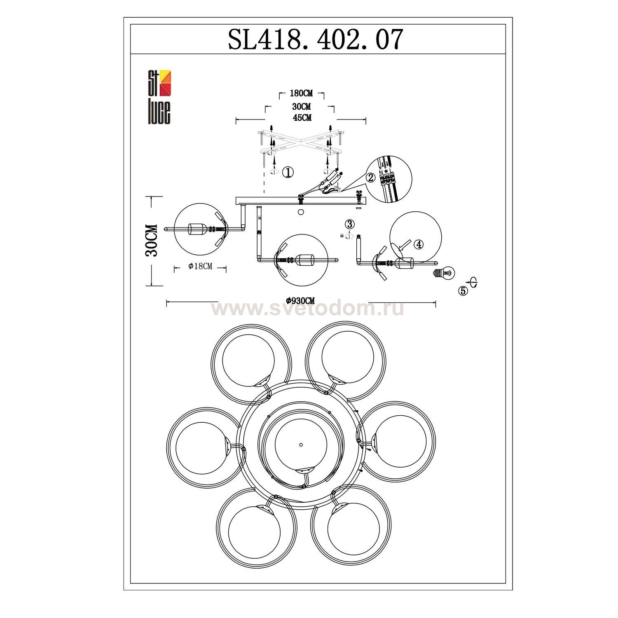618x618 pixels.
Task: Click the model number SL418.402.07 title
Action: [315, 40]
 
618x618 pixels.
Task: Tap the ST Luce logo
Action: [159, 97]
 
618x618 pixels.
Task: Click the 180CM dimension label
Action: [301, 94]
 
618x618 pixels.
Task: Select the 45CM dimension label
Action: [302, 118]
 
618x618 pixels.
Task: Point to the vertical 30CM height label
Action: [152, 241]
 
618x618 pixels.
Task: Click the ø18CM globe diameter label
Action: [200, 267]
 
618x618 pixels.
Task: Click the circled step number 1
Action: [288, 173]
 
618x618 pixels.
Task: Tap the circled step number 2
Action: [370, 178]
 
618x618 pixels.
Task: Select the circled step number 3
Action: [349, 225]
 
